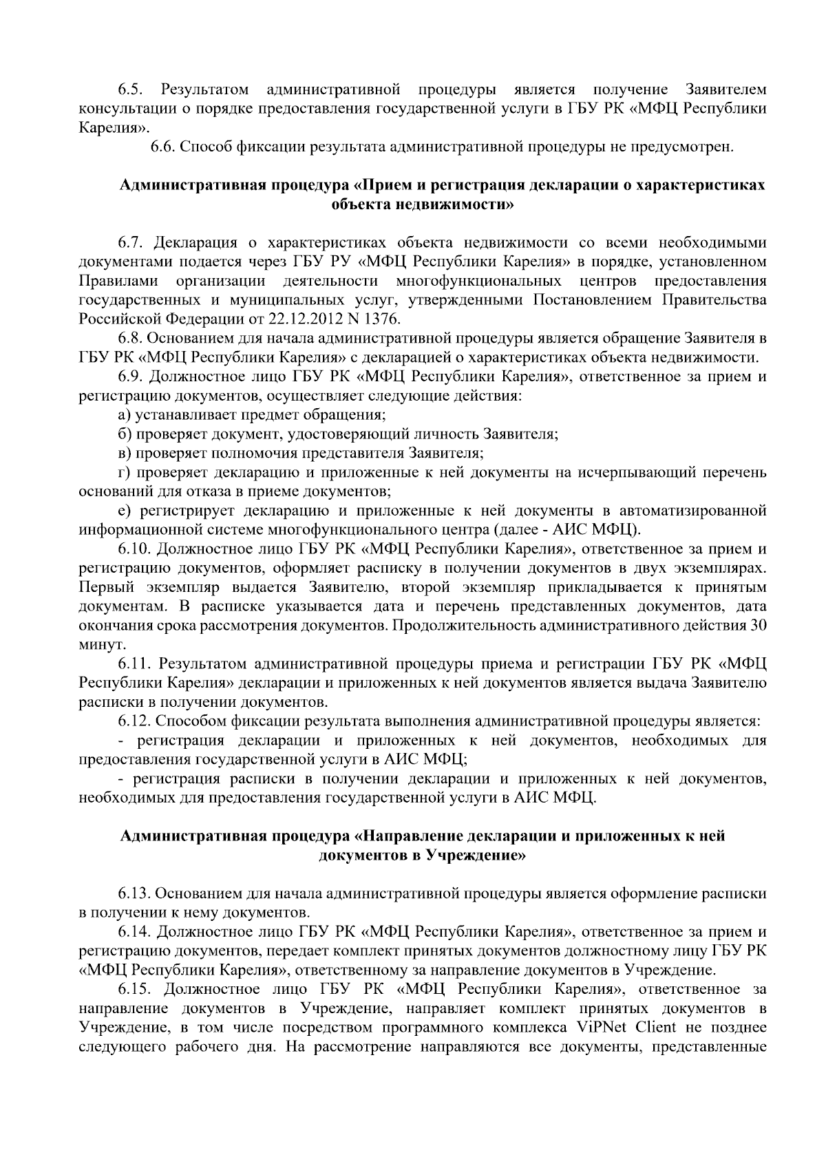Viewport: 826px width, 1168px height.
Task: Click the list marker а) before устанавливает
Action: pos(125,415)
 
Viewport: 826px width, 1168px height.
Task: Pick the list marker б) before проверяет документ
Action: pos(125,434)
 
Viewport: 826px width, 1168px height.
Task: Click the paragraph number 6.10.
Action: pos(134,549)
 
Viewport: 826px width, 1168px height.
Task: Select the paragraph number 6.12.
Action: pos(134,721)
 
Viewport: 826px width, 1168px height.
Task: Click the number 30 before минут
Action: pos(759,626)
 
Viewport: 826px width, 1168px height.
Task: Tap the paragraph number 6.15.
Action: pos(134,989)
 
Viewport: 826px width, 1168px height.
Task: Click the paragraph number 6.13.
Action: pos(134,893)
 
